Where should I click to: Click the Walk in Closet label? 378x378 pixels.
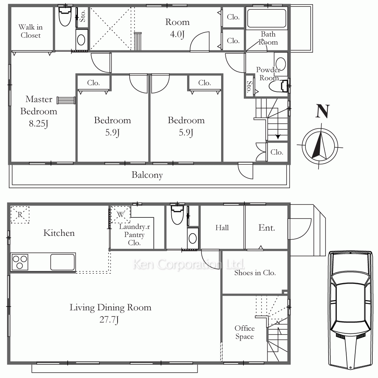point(31,31)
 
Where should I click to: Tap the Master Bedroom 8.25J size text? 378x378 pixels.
point(39,124)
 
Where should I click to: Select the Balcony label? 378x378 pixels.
point(147,175)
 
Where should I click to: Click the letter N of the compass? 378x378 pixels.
point(322,111)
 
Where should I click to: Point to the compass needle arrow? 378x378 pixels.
point(320,146)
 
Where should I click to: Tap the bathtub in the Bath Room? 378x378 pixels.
point(266,18)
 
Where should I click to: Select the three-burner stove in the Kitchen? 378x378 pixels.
point(20,262)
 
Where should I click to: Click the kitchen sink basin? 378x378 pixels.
point(62,262)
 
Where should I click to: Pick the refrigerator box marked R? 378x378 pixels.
point(20,215)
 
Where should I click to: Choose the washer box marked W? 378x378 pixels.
point(121,214)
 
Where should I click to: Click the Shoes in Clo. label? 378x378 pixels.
point(255,273)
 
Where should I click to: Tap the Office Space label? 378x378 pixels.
point(245,332)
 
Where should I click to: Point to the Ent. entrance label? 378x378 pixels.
point(266,228)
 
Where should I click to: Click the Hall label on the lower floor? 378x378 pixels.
point(222,228)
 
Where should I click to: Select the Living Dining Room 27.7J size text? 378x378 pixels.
point(109,320)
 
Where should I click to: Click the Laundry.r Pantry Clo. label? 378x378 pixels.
point(134,235)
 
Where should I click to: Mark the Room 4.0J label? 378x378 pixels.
point(177,28)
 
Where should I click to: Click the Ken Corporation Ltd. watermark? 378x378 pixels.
point(189,264)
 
